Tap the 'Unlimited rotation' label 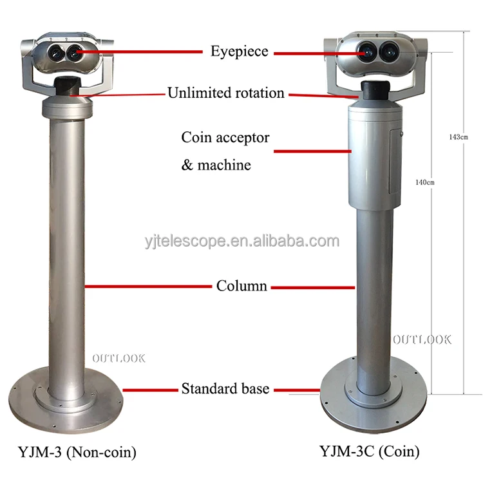[x=225, y=93]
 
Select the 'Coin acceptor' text [x=225, y=137]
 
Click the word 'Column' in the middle [x=241, y=285]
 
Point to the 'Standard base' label [x=225, y=388]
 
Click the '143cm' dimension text [x=459, y=137]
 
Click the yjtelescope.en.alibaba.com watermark [x=241, y=241]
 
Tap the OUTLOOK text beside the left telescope [x=118, y=358]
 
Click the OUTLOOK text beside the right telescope [x=422, y=339]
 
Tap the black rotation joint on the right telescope [x=372, y=90]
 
